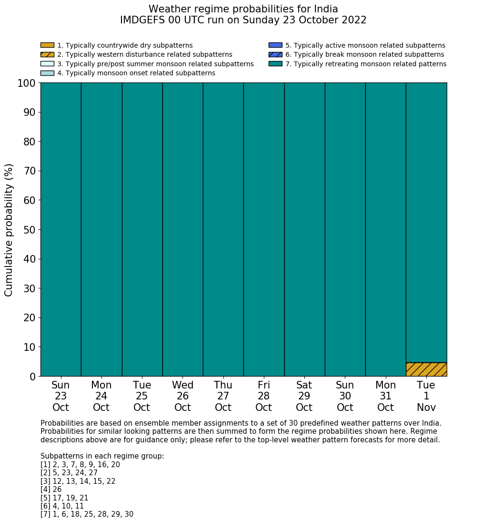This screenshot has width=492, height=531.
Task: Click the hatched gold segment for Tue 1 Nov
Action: (x=426, y=369)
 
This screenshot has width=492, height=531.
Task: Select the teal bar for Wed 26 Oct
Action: (x=182, y=229)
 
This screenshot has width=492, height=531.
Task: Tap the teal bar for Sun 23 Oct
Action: (x=60, y=229)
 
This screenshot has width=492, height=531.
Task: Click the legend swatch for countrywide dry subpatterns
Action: (x=47, y=45)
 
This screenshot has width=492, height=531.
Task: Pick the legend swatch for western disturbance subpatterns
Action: (x=47, y=55)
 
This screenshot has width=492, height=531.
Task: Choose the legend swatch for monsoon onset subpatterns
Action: (x=47, y=73)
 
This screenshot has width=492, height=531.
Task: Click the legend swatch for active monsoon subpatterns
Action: (x=275, y=45)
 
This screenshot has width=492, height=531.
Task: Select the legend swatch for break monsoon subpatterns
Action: (x=275, y=55)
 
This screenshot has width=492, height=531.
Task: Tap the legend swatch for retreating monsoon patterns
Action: (x=275, y=64)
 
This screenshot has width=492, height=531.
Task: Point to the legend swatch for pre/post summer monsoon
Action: (x=47, y=64)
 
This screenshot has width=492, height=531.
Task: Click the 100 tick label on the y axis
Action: (x=27, y=83)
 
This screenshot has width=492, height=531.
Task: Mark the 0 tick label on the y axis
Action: (x=33, y=377)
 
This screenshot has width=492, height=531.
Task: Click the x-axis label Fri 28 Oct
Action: (x=263, y=396)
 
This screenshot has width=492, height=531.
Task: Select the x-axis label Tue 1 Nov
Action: (x=426, y=396)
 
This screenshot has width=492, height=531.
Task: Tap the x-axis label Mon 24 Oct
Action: (x=101, y=396)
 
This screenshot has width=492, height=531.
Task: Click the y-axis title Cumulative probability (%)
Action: (x=9, y=230)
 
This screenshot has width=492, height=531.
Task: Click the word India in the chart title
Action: (x=325, y=9)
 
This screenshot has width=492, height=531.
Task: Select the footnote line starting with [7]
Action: (x=87, y=514)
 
